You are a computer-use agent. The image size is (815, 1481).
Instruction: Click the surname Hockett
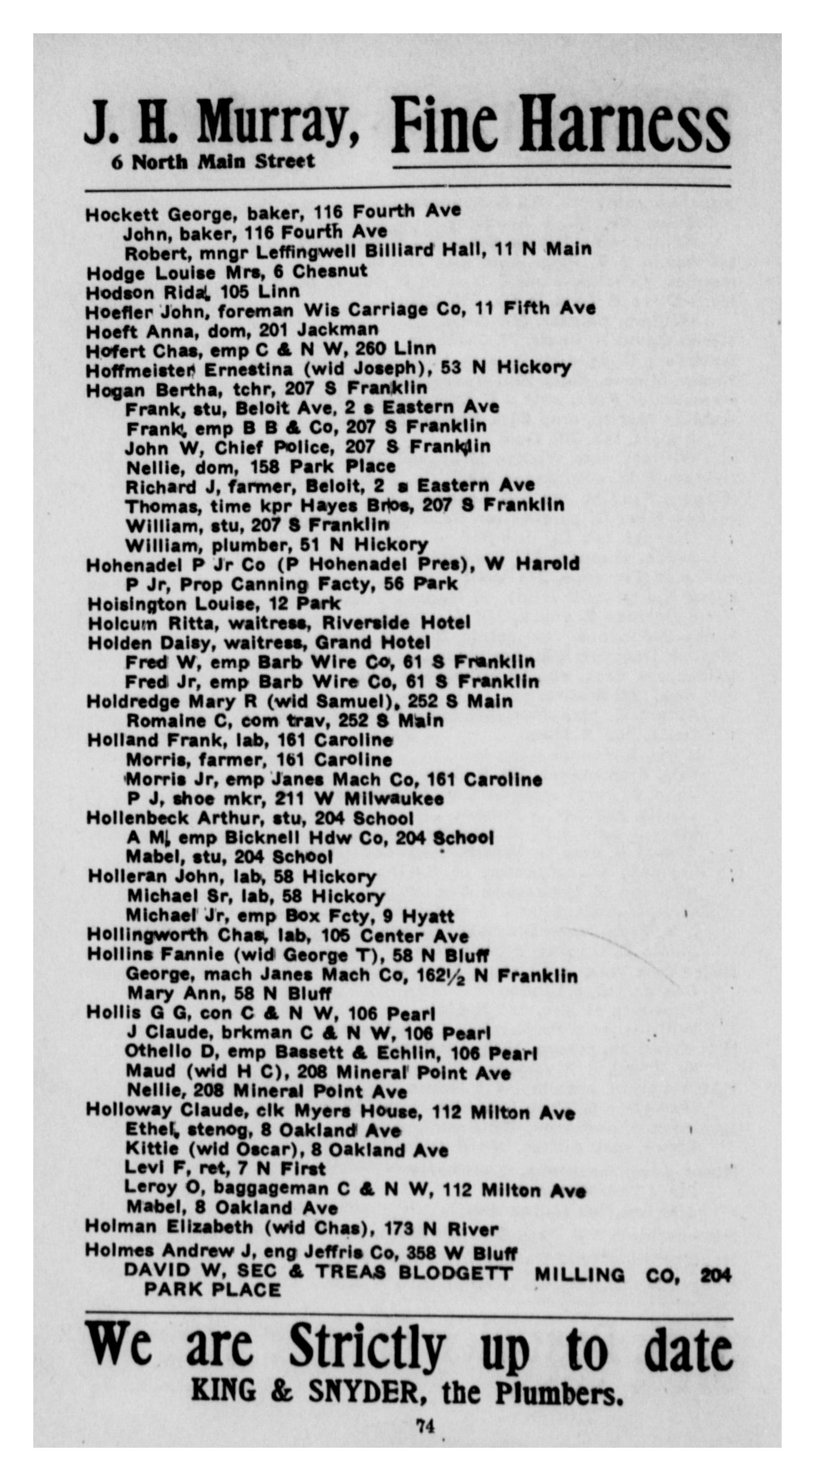(123, 215)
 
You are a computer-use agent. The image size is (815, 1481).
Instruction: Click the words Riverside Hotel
(395, 623)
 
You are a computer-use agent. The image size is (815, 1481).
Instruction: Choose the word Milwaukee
(394, 799)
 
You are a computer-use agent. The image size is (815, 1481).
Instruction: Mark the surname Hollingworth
(146, 936)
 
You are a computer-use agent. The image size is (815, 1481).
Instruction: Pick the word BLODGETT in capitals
(455, 1274)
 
